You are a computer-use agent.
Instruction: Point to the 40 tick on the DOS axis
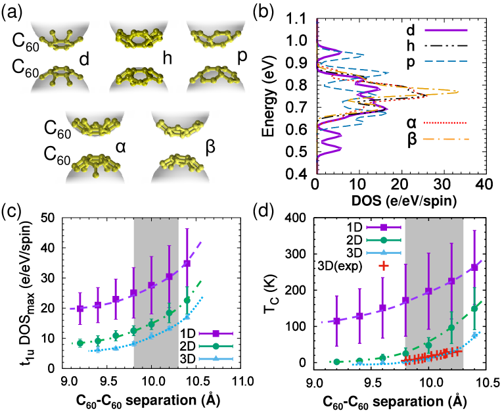(484, 184)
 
